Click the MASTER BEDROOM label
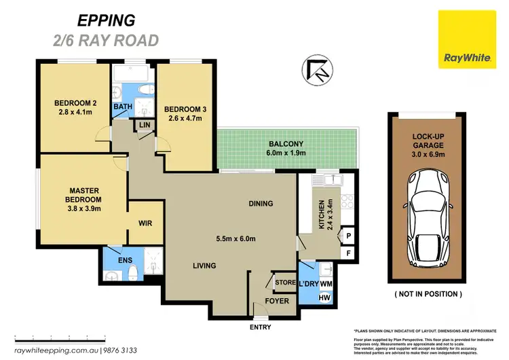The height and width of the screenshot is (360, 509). (85, 195)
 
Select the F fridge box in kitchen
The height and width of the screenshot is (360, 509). (349, 253)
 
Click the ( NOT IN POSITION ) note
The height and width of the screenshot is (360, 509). (428, 294)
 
